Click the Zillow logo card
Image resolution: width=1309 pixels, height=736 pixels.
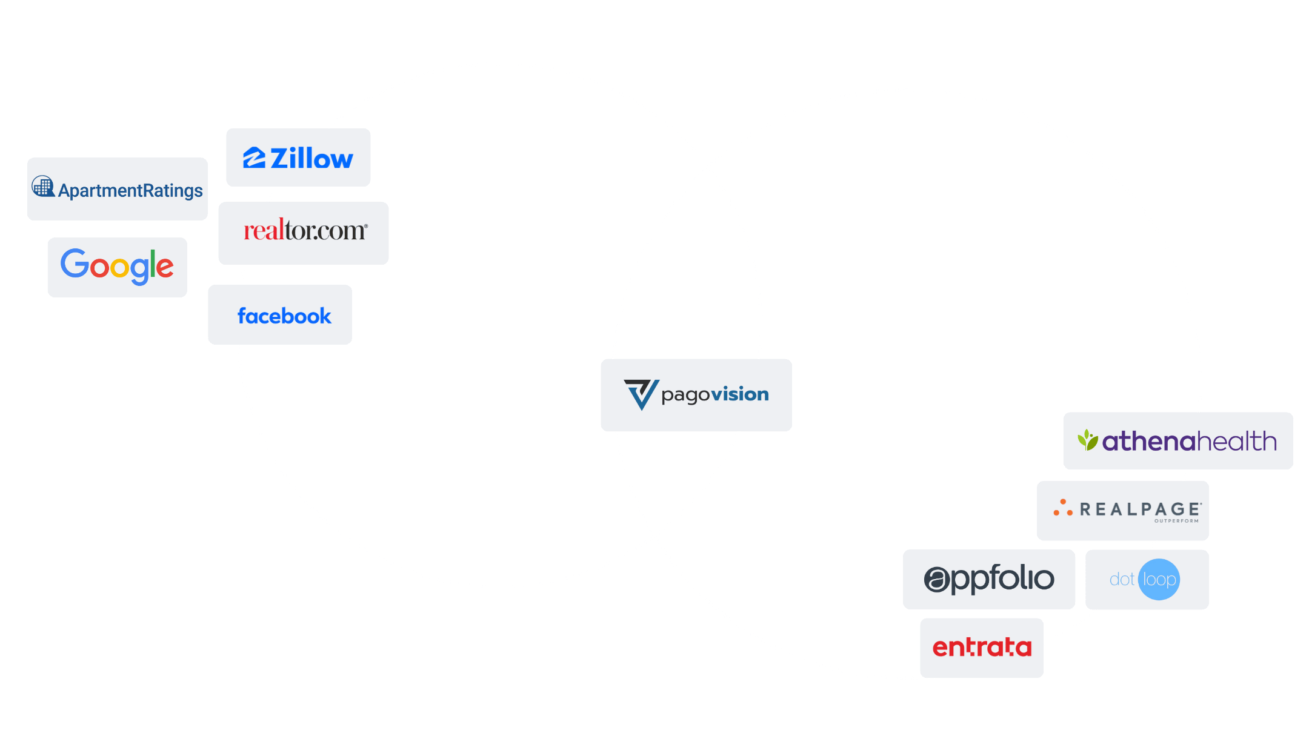[298, 157]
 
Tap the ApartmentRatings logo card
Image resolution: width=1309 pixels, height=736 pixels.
[118, 190]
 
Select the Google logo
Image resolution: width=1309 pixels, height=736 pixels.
[117, 267]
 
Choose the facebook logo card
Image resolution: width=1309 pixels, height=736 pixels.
[281, 315]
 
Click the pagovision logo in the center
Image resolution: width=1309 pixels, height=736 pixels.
[696, 395]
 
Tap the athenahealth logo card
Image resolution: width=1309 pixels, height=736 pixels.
[1177, 441]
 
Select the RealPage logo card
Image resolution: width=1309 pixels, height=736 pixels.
[1122, 510]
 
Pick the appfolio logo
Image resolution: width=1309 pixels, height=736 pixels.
[989, 579]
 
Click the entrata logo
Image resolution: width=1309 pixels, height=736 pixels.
[982, 648]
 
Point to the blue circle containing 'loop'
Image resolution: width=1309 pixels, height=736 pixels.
[1159, 580]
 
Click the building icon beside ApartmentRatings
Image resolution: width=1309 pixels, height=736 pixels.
[43, 186]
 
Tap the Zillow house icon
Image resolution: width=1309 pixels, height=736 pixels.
[255, 158]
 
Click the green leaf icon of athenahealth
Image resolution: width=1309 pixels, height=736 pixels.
[1088, 440]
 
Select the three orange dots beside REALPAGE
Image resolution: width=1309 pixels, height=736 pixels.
[1063, 509]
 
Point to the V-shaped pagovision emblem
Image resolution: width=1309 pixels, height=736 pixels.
[641, 394]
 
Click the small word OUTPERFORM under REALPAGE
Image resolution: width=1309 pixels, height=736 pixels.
[1176, 521]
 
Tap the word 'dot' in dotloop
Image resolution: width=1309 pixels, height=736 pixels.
[1122, 580]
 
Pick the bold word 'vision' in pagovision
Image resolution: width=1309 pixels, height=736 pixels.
[740, 394]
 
